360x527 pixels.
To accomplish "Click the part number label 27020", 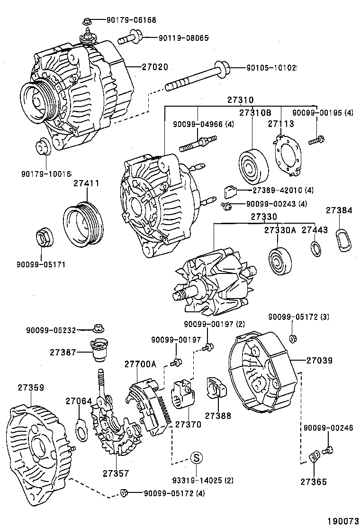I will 155,67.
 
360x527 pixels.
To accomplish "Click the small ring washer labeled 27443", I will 314,248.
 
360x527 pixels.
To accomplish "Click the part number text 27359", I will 31,387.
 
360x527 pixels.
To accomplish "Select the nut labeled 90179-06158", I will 87,21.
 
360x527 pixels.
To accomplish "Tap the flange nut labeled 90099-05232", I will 99,328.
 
